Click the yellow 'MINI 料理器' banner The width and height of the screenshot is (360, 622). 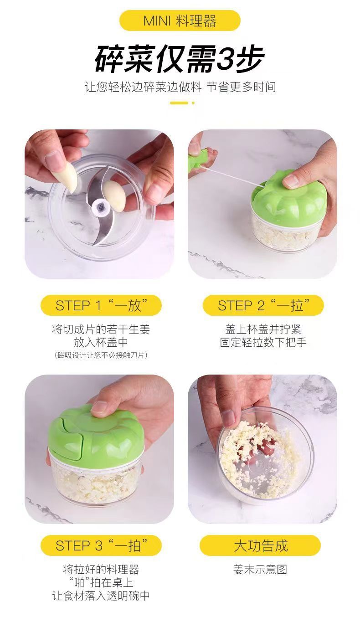[180, 21]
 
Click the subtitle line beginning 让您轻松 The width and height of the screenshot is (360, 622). [180, 87]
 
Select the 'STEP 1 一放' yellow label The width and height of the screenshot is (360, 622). [101, 305]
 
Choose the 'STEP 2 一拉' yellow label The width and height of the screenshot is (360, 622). [263, 305]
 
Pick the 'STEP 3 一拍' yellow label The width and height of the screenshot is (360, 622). [101, 545]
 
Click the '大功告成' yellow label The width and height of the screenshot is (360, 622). [260, 545]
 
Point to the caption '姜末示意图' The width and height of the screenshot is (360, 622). [260, 569]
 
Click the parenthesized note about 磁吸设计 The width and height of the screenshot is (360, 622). [101, 355]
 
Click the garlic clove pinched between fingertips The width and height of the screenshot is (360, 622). [68, 178]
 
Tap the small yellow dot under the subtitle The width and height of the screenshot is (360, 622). [193, 103]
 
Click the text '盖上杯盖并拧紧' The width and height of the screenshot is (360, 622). [263, 329]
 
